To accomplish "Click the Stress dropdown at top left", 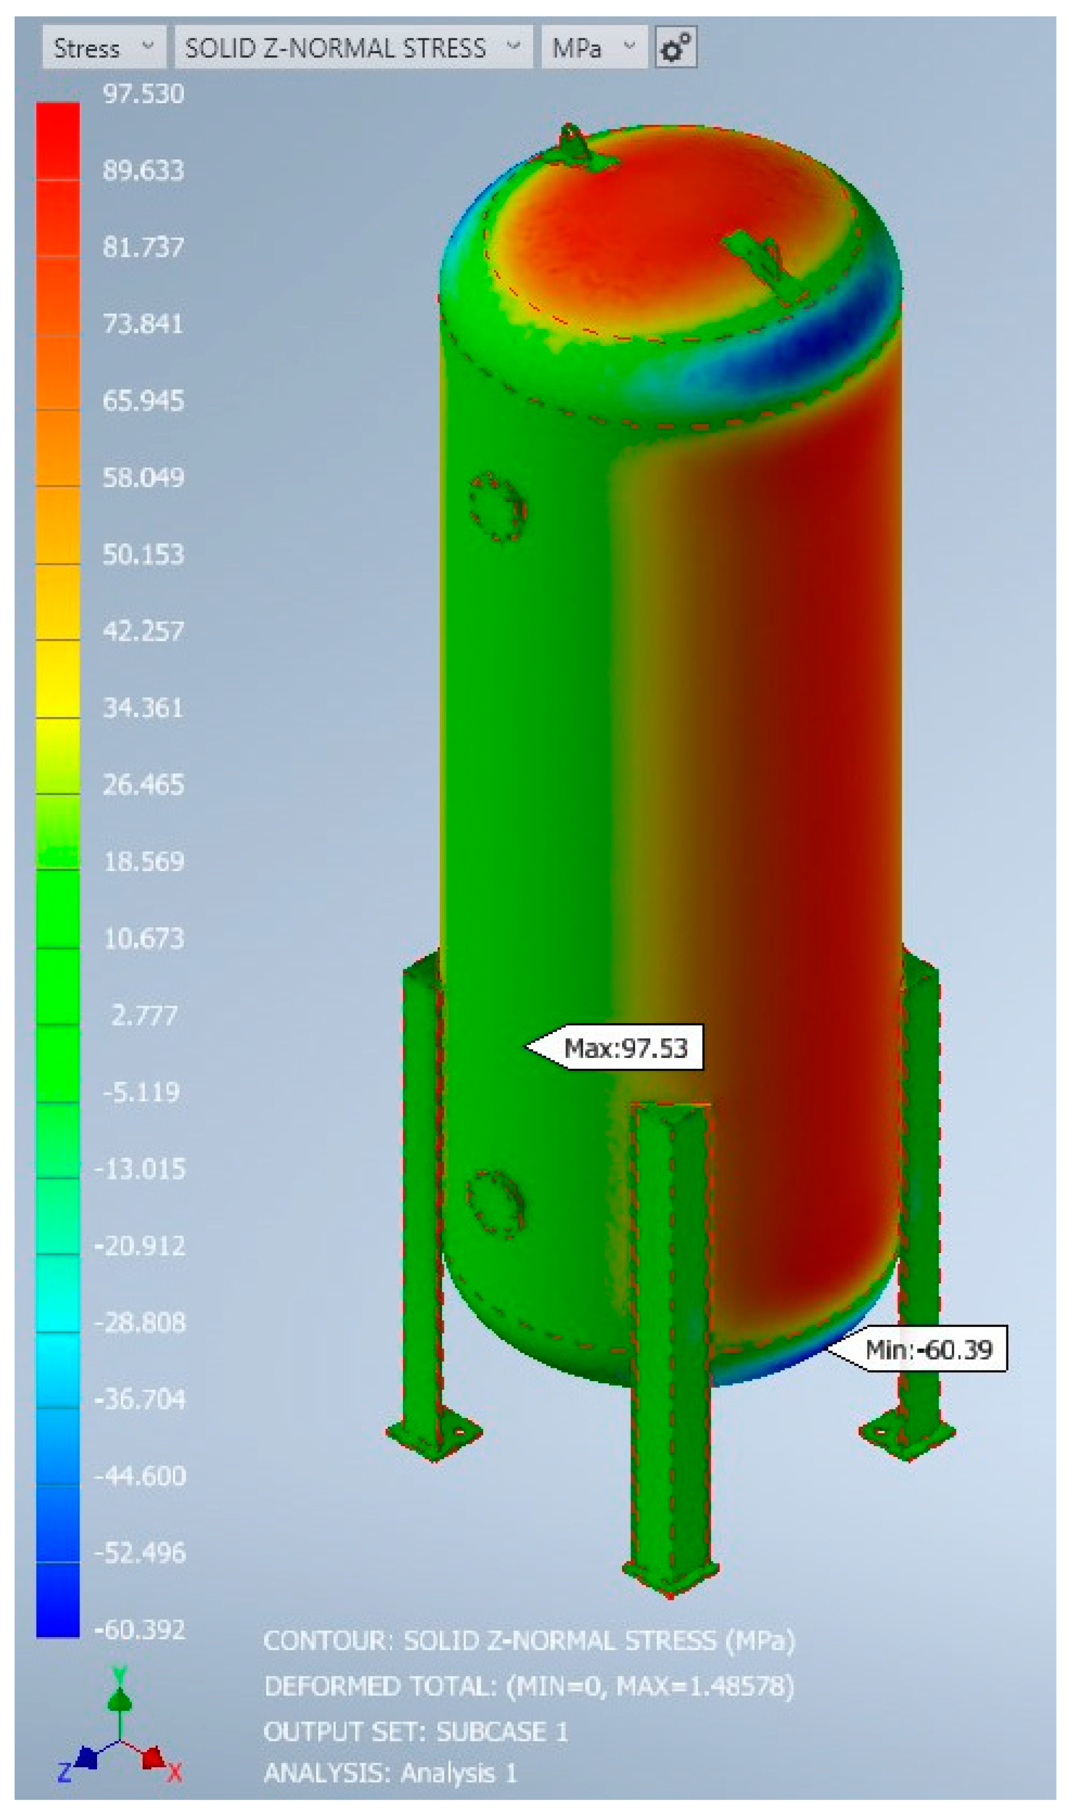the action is coord(104,48).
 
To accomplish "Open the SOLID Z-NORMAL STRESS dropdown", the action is coord(353,48).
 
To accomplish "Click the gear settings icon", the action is coord(676,48).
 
